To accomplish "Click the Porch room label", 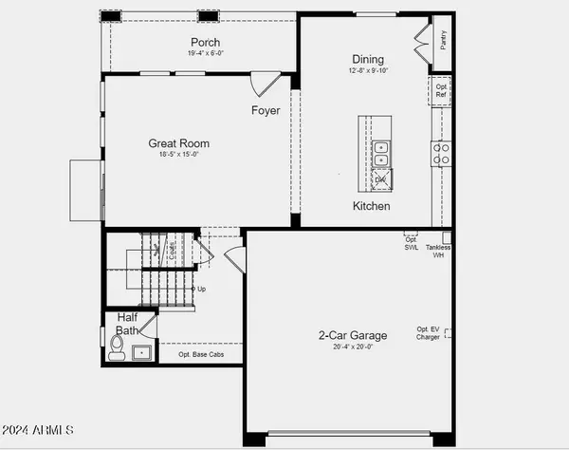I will coord(205,43).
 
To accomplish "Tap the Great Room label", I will coord(178,144).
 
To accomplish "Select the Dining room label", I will coord(369,58).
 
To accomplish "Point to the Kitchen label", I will coord(372,206).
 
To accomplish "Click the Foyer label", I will coord(266,111).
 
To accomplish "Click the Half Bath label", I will coord(127,324).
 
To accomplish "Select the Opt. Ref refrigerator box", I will coord(442,90).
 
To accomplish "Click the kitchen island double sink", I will coord(380,154).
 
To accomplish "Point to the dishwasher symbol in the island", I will coord(381,178).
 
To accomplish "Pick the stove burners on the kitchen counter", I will coord(441,154).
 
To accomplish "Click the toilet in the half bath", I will coord(117,352).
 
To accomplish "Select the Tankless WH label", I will coord(438,251).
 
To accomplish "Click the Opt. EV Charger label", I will coord(428,333).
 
